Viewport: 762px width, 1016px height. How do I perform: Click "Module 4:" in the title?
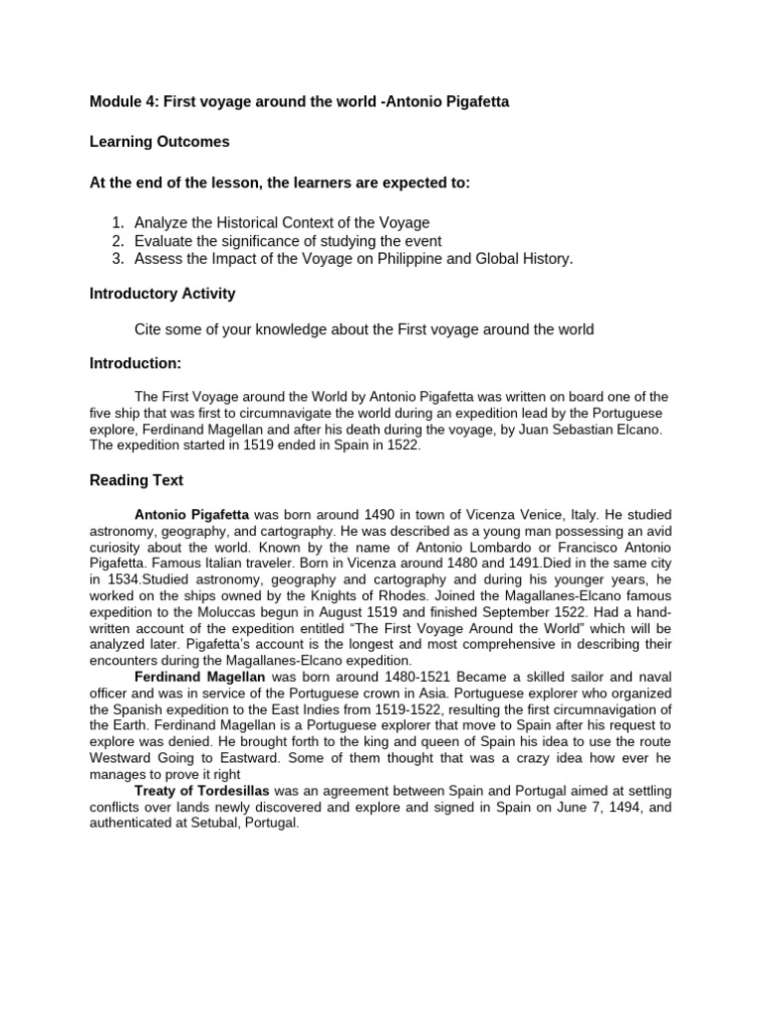(x=124, y=101)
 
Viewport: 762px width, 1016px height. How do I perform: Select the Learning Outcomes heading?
(x=159, y=142)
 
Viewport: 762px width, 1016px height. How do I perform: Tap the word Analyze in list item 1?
(x=163, y=223)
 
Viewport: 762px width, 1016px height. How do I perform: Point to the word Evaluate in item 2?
(x=165, y=241)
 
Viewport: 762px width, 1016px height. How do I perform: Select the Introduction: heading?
(x=136, y=364)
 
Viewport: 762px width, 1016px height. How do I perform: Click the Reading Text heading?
(x=137, y=480)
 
